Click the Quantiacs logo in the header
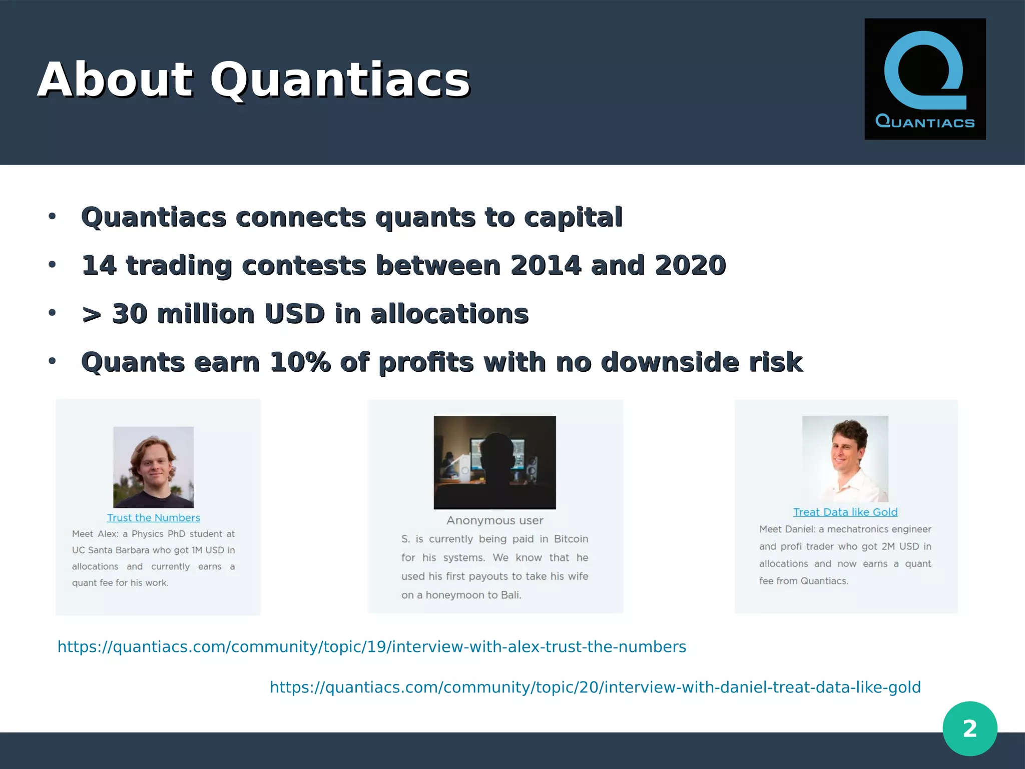point(925,79)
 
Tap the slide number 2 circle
point(969,728)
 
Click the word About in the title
point(115,80)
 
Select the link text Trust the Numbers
point(153,518)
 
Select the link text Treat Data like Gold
point(845,512)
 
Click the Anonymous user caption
point(494,520)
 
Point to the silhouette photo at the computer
point(494,462)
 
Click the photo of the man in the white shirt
point(845,459)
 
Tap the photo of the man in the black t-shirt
point(153,467)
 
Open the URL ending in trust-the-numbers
point(371,646)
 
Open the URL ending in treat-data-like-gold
point(595,687)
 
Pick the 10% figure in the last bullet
point(300,362)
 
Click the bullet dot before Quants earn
point(52,361)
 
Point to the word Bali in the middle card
point(510,595)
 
